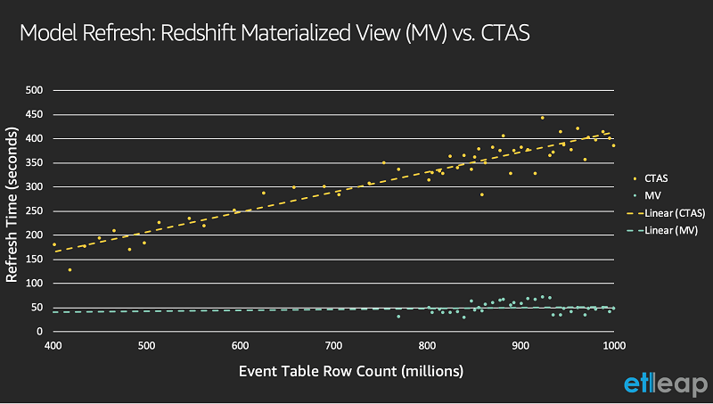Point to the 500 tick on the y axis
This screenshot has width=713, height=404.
[x=34, y=90]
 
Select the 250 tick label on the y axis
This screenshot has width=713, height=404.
[x=34, y=211]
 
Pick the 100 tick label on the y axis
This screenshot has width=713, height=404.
[x=34, y=284]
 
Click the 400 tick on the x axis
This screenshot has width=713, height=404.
[x=53, y=345]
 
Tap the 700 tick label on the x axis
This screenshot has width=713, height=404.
[x=333, y=345]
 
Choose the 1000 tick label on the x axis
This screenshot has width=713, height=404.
[x=612, y=345]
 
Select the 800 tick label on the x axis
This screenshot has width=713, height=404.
[x=427, y=345]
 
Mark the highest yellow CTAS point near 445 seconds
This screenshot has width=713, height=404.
[x=542, y=118]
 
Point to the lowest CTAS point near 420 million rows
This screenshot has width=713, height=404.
[x=70, y=269]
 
